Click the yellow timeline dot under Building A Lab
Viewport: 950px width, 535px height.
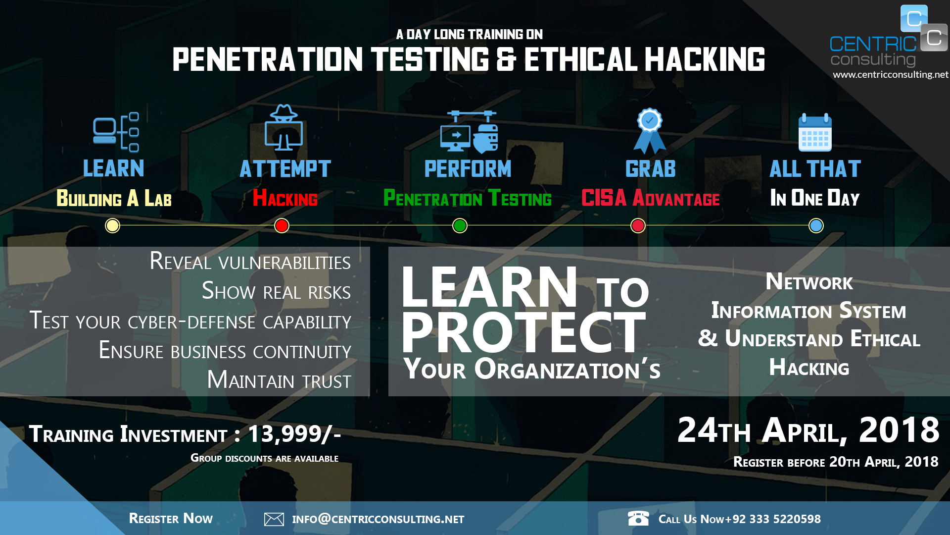(113, 226)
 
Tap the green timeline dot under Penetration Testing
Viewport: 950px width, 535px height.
(460, 226)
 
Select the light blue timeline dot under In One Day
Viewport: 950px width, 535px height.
(816, 226)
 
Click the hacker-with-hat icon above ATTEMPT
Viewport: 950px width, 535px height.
(284, 128)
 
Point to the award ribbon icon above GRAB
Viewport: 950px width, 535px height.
(650, 131)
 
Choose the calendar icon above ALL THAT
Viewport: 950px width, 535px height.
(815, 133)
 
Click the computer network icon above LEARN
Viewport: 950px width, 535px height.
(116, 132)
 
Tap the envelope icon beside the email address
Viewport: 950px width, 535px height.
(274, 519)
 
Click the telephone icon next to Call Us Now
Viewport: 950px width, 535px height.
(638, 518)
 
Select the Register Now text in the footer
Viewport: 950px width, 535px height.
(171, 519)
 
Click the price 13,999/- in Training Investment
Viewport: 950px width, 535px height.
(294, 434)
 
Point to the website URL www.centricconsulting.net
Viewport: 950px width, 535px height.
(890, 75)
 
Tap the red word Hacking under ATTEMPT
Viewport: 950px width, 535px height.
(285, 199)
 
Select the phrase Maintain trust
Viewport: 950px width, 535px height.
(279, 380)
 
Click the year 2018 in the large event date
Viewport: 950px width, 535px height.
(899, 430)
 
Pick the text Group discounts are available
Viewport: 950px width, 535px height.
(264, 458)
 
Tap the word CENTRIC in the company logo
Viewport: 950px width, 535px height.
(873, 44)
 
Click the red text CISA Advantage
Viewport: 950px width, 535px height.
(650, 199)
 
